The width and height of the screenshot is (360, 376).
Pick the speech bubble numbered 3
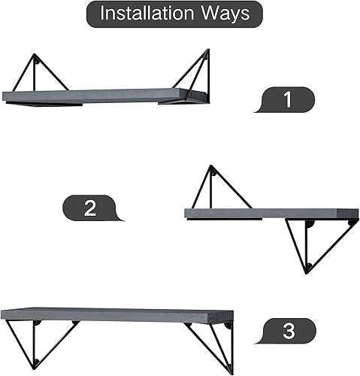click(290, 330)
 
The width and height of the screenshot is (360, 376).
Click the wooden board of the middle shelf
click(271, 214)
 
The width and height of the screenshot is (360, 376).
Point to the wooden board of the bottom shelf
click(113, 314)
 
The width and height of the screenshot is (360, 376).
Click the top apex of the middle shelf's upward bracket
click(210, 167)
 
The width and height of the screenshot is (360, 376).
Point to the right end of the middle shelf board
click(354, 214)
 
